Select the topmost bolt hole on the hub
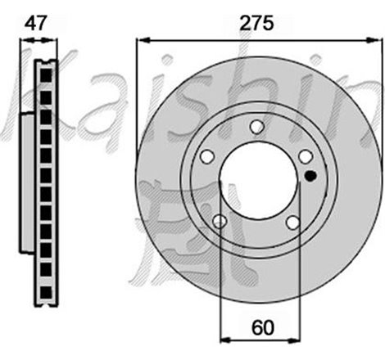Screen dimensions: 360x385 coord(256,126)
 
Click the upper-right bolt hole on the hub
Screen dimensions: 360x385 coord(305,156)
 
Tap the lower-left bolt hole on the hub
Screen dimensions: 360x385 coord(220,222)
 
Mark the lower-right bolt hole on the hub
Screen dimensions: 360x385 coord(292,222)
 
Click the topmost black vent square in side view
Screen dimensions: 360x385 coord(45,74)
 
